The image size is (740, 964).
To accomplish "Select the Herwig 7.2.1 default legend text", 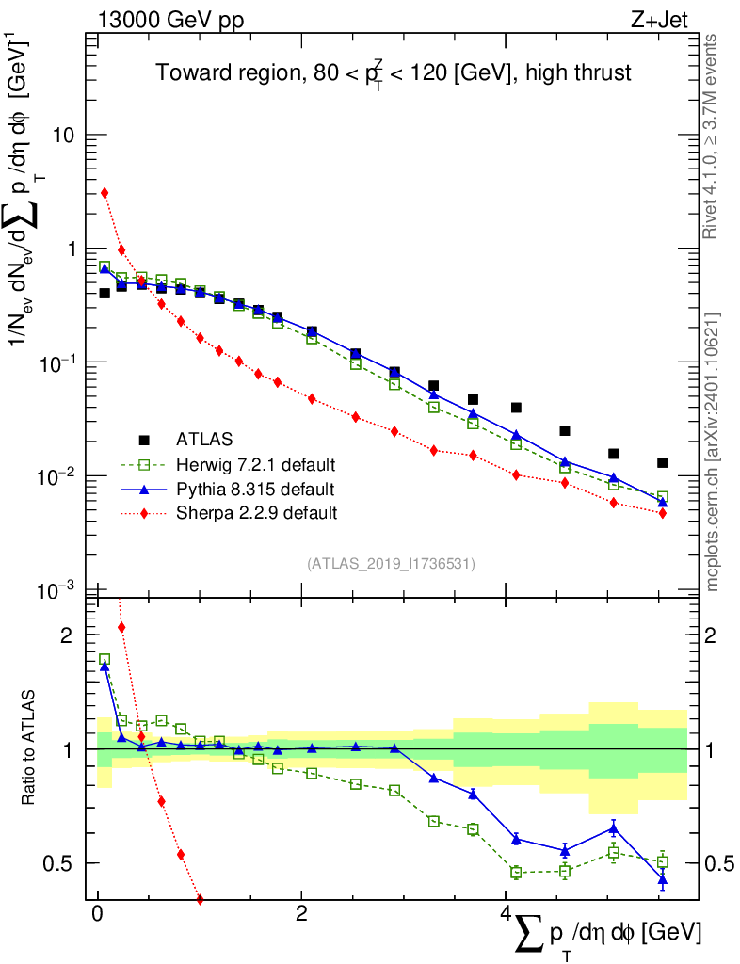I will point(255,465).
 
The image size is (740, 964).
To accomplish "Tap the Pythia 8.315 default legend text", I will point(253,490).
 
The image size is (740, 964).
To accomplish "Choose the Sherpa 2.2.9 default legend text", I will point(256,513).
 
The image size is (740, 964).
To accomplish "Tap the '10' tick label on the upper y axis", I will point(64,136).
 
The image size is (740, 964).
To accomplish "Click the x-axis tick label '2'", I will point(300,915).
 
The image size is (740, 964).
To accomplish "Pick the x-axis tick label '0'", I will point(97,915).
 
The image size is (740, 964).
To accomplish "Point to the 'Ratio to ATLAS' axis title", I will point(30,748).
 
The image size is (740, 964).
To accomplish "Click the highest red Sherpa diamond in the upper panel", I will point(105,193).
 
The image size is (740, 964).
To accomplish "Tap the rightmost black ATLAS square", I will point(663,462).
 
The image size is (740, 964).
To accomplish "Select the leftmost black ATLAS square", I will point(105,293).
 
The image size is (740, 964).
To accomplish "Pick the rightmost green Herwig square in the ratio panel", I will point(663,861).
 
